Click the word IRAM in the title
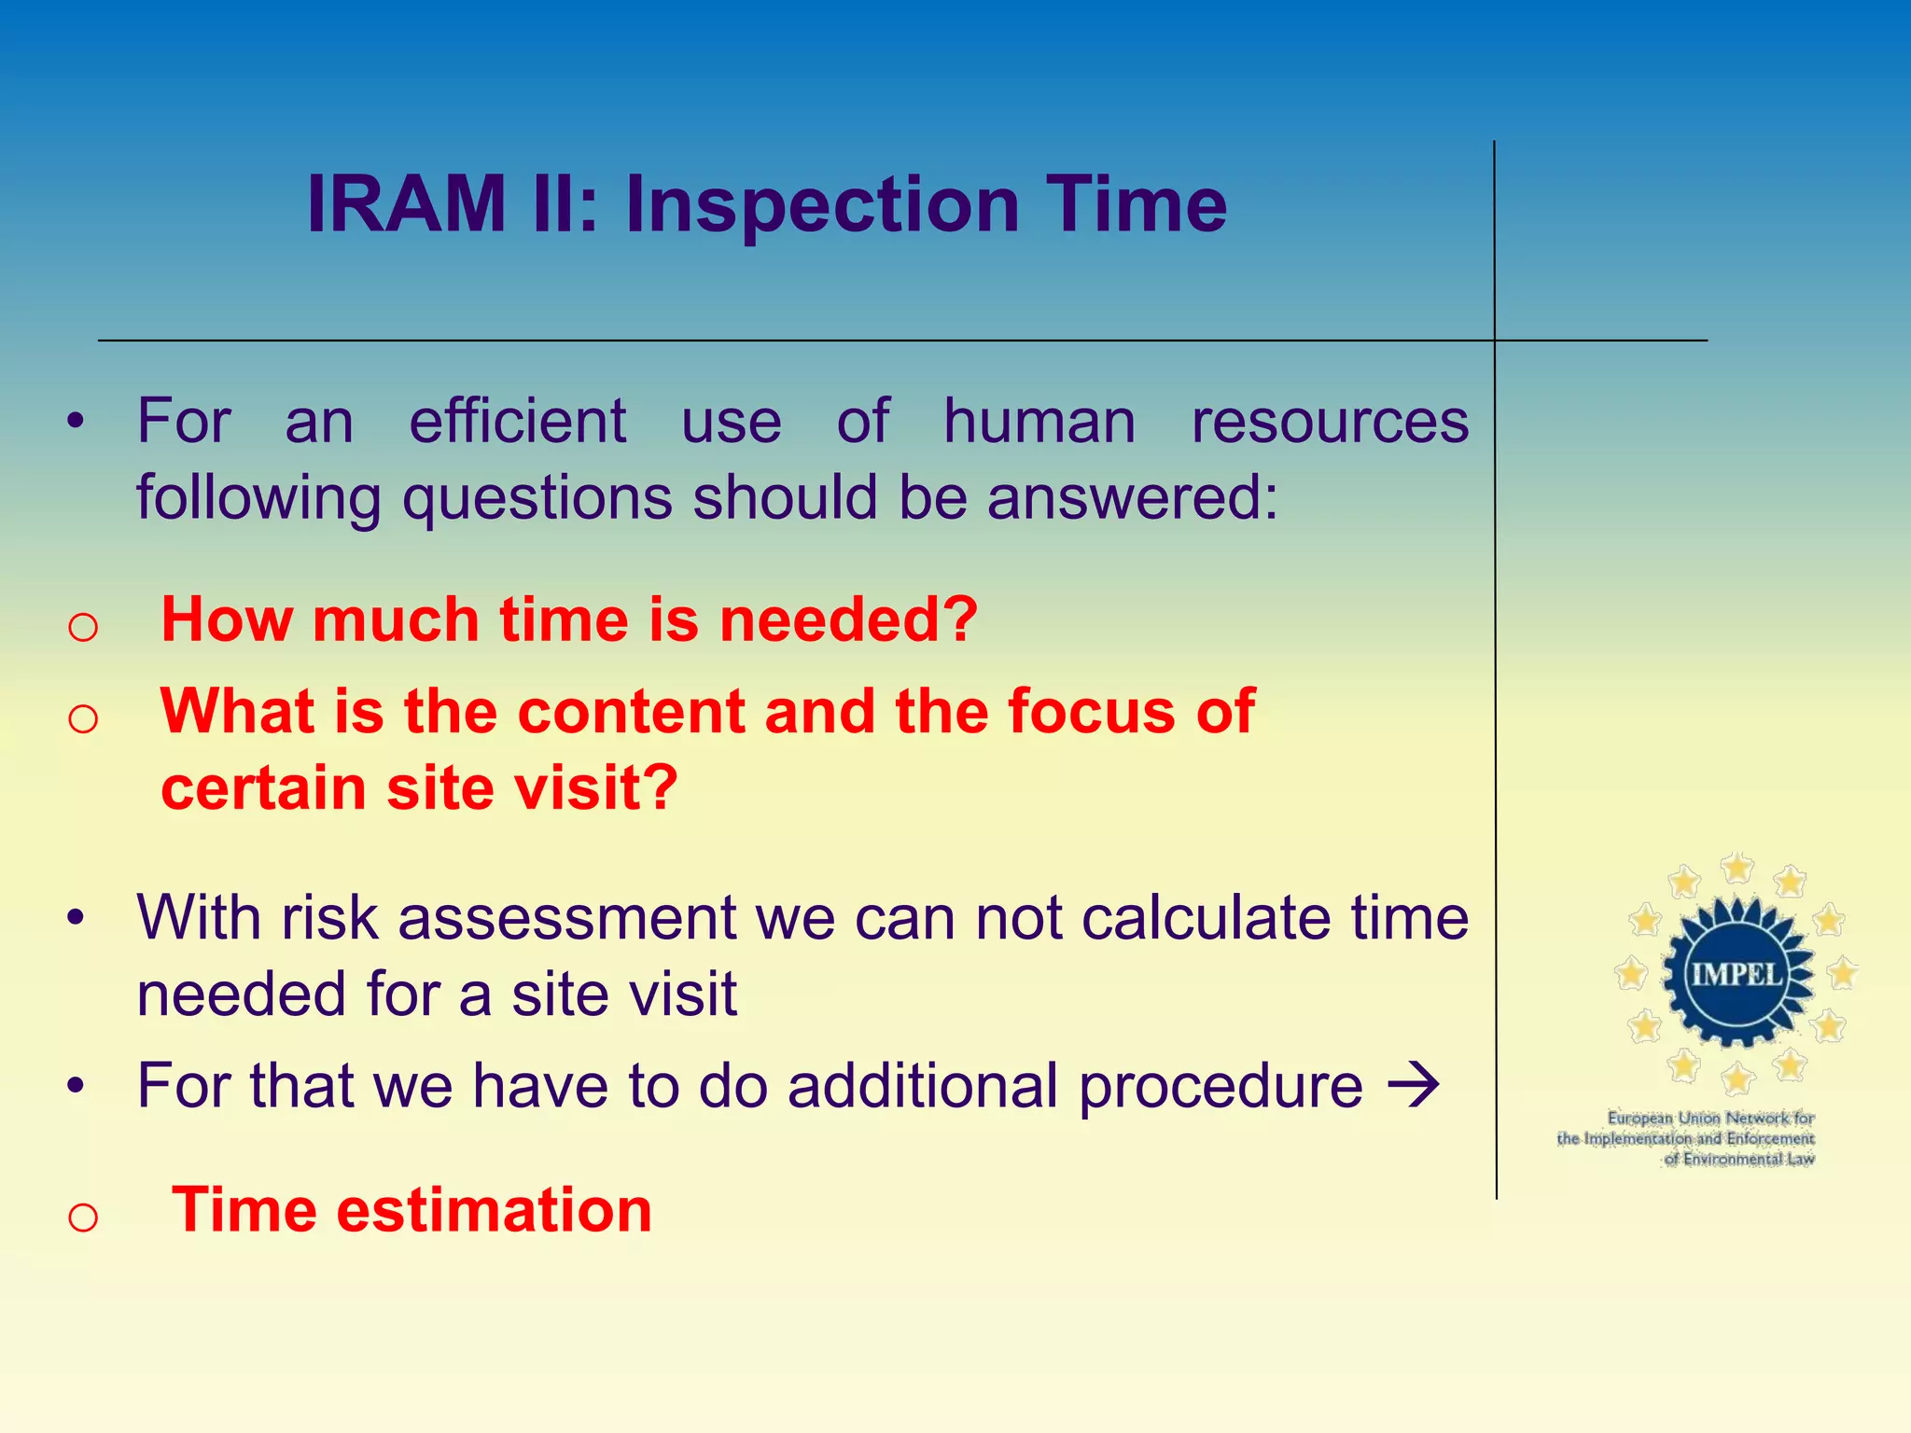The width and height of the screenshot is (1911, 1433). pyautogui.click(x=406, y=205)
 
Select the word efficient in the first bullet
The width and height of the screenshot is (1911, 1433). pyautogui.click(x=518, y=422)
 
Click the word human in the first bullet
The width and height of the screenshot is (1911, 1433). pyautogui.click(x=1039, y=422)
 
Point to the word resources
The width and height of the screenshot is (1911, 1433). pyautogui.click(x=1330, y=422)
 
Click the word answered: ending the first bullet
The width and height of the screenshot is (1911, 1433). pyautogui.click(x=1133, y=497)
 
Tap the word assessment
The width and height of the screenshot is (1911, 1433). pyautogui.click(x=567, y=918)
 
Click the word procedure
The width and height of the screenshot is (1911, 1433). pyautogui.click(x=1221, y=1088)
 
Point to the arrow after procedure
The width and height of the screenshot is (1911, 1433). pyautogui.click(x=1414, y=1086)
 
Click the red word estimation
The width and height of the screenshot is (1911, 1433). pyautogui.click(x=494, y=1210)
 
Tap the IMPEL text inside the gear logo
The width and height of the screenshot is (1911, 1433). pyautogui.click(x=1737, y=974)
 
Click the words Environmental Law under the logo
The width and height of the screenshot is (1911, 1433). pyautogui.click(x=1749, y=1159)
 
